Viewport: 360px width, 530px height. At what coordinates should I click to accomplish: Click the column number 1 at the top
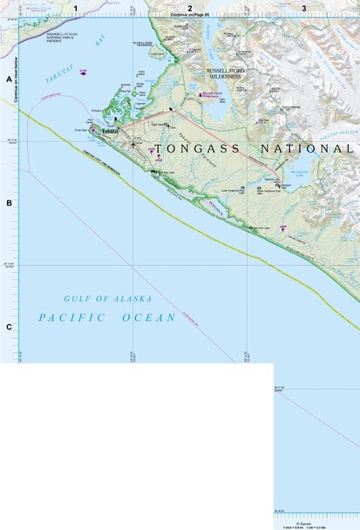click(x=76, y=8)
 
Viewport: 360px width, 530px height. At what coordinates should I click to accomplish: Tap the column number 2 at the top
click(x=190, y=8)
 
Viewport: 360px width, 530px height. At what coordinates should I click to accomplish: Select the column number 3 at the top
click(x=303, y=8)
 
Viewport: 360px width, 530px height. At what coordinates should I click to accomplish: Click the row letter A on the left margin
click(x=9, y=79)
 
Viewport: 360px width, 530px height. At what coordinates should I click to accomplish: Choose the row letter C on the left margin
click(x=9, y=327)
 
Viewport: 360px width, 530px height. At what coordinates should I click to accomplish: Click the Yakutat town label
click(x=109, y=132)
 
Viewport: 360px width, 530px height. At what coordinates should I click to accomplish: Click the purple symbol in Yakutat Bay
click(x=83, y=73)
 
